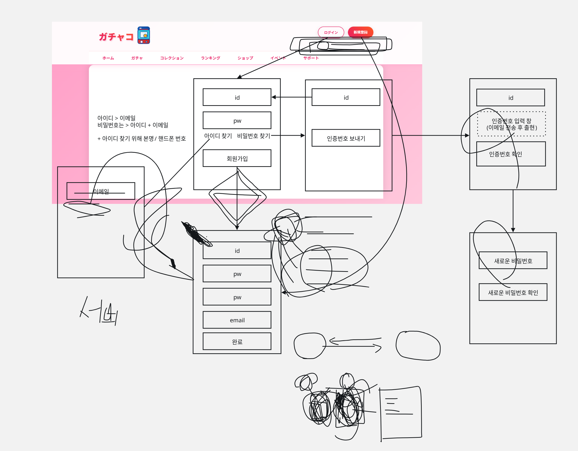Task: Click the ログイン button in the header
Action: click(x=331, y=32)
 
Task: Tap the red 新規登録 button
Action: click(x=360, y=32)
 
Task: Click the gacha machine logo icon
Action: click(x=144, y=35)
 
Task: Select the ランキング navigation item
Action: click(x=210, y=58)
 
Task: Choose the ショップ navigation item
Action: click(x=245, y=58)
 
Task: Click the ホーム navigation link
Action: click(x=108, y=58)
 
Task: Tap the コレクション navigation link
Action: click(x=172, y=58)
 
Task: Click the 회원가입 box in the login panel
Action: click(x=237, y=158)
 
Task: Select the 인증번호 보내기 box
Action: click(x=346, y=138)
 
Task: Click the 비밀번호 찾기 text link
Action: click(x=253, y=136)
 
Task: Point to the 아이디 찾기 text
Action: click(x=218, y=136)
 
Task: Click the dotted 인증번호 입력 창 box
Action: click(x=511, y=124)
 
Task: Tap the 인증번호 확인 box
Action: click(x=511, y=154)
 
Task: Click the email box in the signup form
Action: click(x=237, y=320)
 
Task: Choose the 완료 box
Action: click(x=237, y=341)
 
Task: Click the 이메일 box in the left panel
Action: click(x=101, y=191)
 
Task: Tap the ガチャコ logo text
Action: click(x=116, y=37)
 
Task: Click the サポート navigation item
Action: click(x=311, y=58)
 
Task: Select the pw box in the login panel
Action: click(x=237, y=121)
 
